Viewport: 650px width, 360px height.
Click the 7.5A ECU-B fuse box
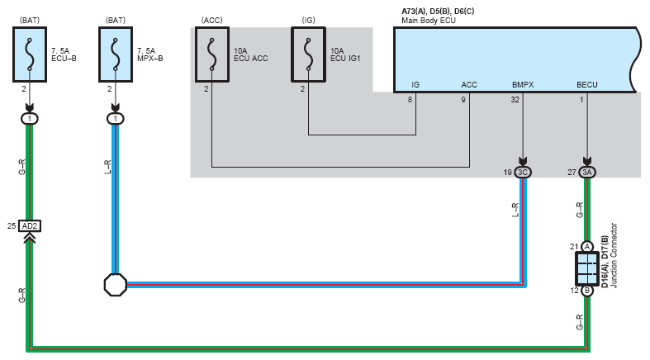(x=31, y=54)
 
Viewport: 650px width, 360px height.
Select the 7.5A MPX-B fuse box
(x=115, y=54)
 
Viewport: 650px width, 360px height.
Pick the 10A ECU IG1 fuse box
(x=308, y=55)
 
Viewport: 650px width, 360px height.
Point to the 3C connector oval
(x=523, y=173)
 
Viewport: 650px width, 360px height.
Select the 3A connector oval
(x=587, y=173)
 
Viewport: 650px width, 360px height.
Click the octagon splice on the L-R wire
(x=115, y=286)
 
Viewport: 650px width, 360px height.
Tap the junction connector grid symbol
(x=587, y=268)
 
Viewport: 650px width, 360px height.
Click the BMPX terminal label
(x=522, y=84)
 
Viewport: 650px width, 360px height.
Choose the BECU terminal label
(x=586, y=84)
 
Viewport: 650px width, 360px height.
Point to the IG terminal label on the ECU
(x=416, y=84)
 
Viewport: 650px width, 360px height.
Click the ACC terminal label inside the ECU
(x=469, y=84)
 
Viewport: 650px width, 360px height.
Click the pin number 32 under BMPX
(x=515, y=100)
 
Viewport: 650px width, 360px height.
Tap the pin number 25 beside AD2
(x=12, y=225)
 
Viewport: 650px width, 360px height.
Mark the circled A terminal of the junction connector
(x=587, y=246)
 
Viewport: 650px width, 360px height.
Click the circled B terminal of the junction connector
(x=587, y=291)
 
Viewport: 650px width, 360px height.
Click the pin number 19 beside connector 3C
(x=507, y=173)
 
